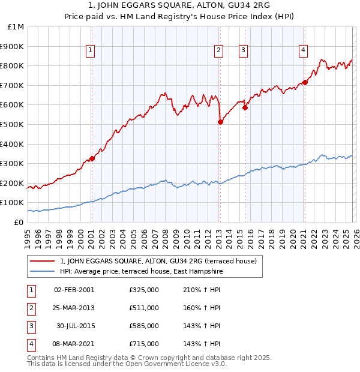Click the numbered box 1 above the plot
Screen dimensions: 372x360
point(90,50)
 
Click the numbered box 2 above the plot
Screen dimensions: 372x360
point(218,50)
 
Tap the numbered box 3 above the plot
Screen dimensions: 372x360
point(244,50)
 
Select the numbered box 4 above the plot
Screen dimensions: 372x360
point(304,50)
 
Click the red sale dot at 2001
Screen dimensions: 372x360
point(92,158)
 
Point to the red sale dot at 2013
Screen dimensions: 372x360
point(220,122)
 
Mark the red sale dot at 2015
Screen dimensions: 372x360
point(245,107)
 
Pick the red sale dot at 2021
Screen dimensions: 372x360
point(305,82)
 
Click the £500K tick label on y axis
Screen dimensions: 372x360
point(12,124)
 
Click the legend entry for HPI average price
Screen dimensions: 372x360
point(142,271)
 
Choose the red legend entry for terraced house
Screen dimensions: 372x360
point(158,261)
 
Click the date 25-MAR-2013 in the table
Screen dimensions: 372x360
point(74,308)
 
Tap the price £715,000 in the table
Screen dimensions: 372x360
point(144,344)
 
